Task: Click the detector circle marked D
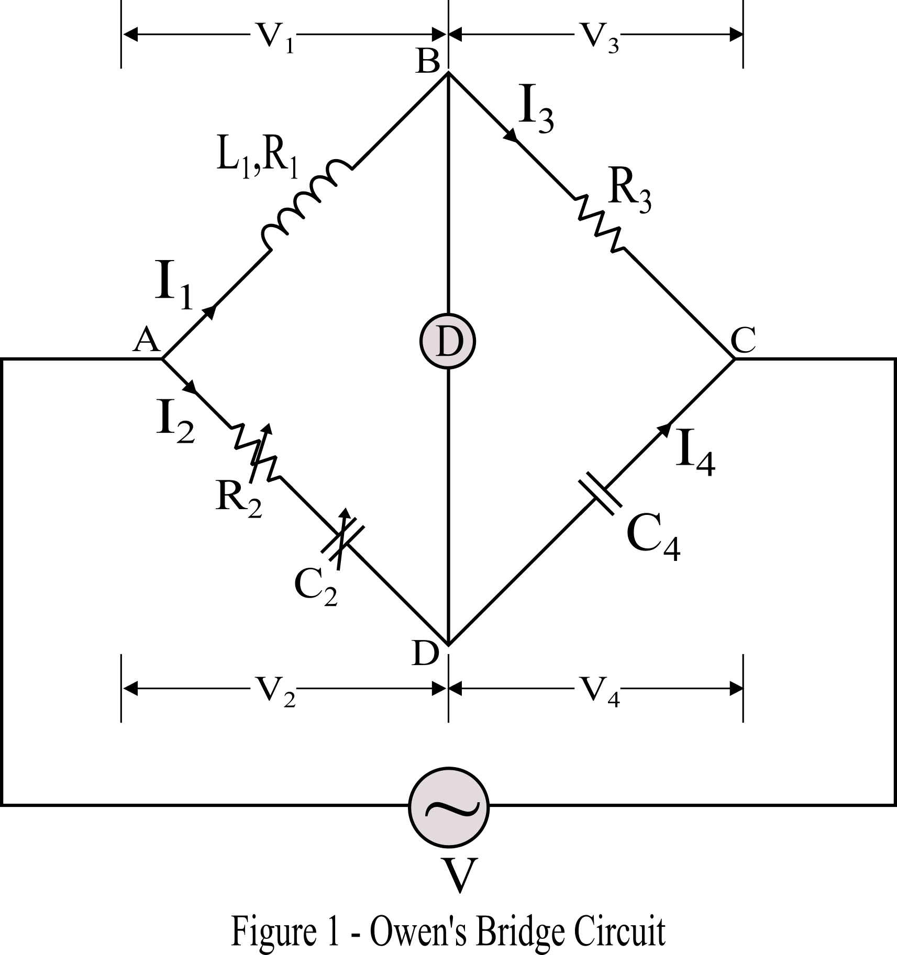click(448, 341)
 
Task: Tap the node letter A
click(146, 342)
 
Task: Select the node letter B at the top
click(428, 62)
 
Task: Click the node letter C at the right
click(743, 341)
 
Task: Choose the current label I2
click(175, 424)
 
